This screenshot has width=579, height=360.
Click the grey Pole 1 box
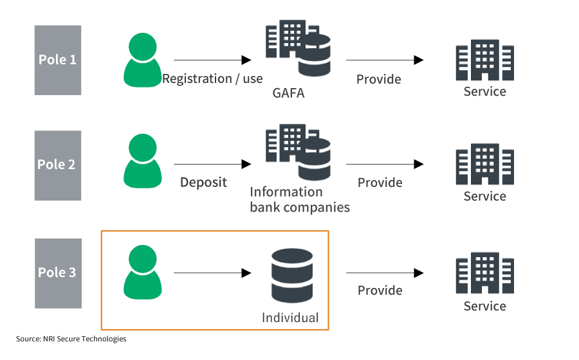point(58,60)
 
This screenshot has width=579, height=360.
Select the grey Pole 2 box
point(58,165)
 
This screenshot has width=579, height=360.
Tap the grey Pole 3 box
point(58,273)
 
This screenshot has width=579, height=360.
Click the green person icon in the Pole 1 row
point(142,60)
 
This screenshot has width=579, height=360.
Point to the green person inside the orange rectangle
point(142,273)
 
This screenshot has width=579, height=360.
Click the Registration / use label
point(212,79)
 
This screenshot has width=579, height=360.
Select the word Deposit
point(203,183)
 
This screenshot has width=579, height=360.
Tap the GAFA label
point(288,94)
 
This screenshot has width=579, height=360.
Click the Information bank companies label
point(299,199)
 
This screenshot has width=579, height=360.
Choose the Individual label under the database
point(289,318)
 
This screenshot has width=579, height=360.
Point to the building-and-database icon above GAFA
point(298,49)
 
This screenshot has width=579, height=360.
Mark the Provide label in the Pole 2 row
point(380,183)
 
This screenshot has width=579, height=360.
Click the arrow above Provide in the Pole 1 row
point(384,60)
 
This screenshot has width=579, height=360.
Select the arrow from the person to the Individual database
point(212,273)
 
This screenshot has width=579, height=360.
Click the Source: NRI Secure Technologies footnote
point(71,339)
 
